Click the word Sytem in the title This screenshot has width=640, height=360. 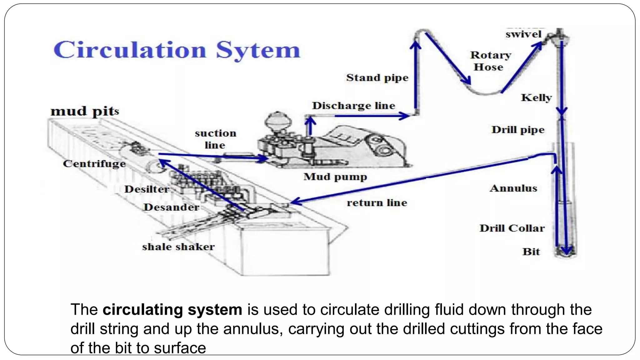(258, 51)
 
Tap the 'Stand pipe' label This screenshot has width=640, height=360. (377, 77)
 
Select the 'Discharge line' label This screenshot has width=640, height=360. (353, 106)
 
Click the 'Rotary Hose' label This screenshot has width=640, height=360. (490, 61)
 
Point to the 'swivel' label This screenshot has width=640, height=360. (523, 34)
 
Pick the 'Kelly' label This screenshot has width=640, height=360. (536, 97)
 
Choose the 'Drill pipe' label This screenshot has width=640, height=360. (518, 130)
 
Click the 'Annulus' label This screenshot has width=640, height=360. (513, 188)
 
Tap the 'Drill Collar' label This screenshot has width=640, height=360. (512, 228)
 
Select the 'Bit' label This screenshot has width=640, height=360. (531, 252)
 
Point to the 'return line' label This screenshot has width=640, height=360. (377, 203)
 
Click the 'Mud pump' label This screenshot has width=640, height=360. (335, 177)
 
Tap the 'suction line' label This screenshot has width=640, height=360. (215, 139)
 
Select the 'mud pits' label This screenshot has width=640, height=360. (85, 111)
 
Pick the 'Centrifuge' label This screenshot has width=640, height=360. (94, 163)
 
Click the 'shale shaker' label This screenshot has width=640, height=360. (178, 247)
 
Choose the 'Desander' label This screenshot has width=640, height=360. (171, 207)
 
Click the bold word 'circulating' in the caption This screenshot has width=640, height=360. (142, 310)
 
